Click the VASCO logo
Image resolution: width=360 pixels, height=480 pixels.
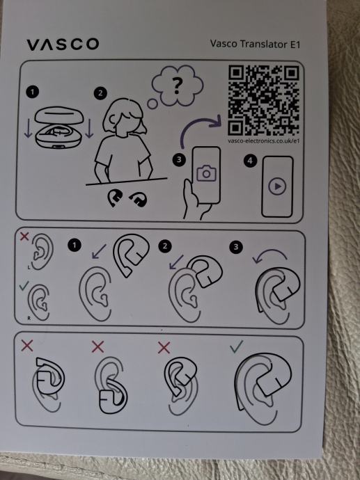pyautogui.click(x=63, y=45)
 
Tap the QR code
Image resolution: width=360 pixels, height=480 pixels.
pyautogui.click(x=263, y=100)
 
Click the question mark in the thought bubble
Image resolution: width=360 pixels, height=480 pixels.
pyautogui.click(x=177, y=86)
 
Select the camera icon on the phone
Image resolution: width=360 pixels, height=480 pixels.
pyautogui.click(x=206, y=173)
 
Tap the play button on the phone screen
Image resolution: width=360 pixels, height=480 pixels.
pyautogui.click(x=277, y=186)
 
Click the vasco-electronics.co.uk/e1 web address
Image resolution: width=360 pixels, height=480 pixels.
pyautogui.click(x=263, y=141)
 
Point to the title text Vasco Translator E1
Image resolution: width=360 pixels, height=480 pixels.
pyautogui.click(x=255, y=44)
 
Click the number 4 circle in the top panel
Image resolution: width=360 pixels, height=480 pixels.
pyautogui.click(x=250, y=161)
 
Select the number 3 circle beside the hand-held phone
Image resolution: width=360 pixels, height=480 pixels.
pyautogui.click(x=179, y=160)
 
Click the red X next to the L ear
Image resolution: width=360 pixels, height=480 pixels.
pyautogui.click(x=24, y=236)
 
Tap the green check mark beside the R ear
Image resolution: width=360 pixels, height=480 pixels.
pyautogui.click(x=24, y=286)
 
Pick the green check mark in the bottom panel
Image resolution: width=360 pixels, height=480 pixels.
pyautogui.click(x=236, y=346)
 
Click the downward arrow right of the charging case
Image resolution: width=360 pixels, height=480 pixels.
pyautogui.click(x=89, y=128)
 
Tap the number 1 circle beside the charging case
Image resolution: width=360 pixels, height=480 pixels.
pyautogui.click(x=33, y=92)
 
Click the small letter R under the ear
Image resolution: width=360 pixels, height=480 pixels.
pyautogui.click(x=29, y=319)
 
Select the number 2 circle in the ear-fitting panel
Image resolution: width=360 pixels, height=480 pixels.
pyautogui.click(x=165, y=246)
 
